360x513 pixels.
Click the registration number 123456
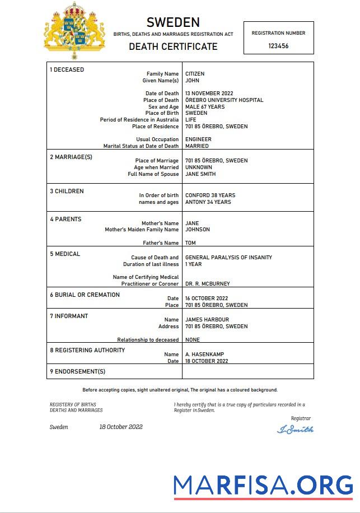click(278, 46)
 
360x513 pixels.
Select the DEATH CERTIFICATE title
click(173, 46)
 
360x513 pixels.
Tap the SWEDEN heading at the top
click(173, 22)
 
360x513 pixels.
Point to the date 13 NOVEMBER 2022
click(209, 94)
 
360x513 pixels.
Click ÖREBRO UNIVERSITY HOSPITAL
click(224, 100)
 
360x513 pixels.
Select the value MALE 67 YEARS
click(204, 107)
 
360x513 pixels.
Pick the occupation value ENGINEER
click(198, 139)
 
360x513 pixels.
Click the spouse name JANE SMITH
click(200, 174)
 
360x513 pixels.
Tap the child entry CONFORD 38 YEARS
click(210, 195)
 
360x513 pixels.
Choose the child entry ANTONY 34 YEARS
click(208, 202)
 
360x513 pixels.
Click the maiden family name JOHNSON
click(198, 230)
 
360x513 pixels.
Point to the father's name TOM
click(190, 243)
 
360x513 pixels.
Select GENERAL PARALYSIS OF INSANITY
click(228, 258)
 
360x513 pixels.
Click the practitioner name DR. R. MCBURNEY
click(207, 284)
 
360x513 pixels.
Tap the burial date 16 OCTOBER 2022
click(207, 299)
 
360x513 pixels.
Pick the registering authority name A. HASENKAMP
click(204, 355)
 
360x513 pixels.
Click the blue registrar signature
click(295, 430)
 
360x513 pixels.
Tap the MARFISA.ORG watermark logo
click(263, 484)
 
